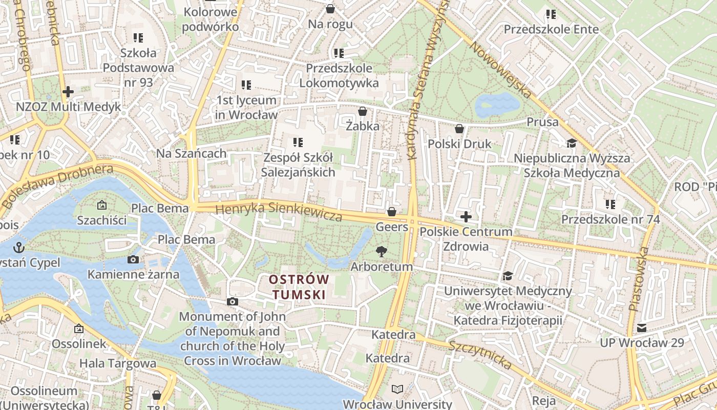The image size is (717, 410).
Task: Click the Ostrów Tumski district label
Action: click(300, 287)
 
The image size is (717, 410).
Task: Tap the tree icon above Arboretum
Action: click(381, 251)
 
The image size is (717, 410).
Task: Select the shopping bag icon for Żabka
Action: click(363, 111)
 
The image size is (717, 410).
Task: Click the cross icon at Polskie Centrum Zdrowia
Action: click(466, 217)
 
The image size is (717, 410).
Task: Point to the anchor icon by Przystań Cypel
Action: click(20, 248)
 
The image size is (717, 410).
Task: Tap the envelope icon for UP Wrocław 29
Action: click(641, 328)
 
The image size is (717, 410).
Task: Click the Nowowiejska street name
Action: click(501, 70)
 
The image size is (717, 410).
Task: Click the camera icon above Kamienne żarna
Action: click(133, 259)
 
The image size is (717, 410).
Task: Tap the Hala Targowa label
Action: click(118, 363)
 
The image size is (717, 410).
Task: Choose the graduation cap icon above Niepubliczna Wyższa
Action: click(572, 143)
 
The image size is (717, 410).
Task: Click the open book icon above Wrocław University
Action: click(397, 389)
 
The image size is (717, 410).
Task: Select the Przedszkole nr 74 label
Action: click(610, 219)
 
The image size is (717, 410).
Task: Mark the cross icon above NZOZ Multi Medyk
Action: click(68, 92)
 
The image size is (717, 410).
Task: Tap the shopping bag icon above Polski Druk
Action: click(459, 129)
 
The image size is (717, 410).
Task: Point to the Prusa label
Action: click(542, 122)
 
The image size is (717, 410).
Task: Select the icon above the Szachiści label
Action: click(101, 206)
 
